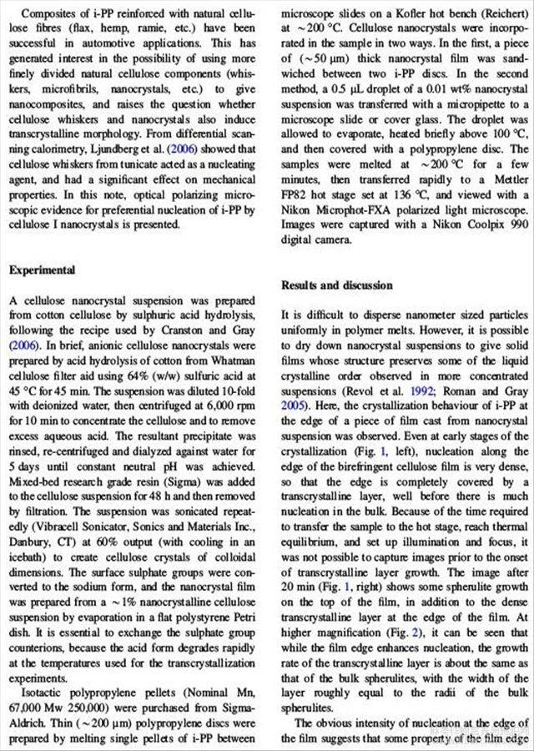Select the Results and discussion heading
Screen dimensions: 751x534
point(337,285)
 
